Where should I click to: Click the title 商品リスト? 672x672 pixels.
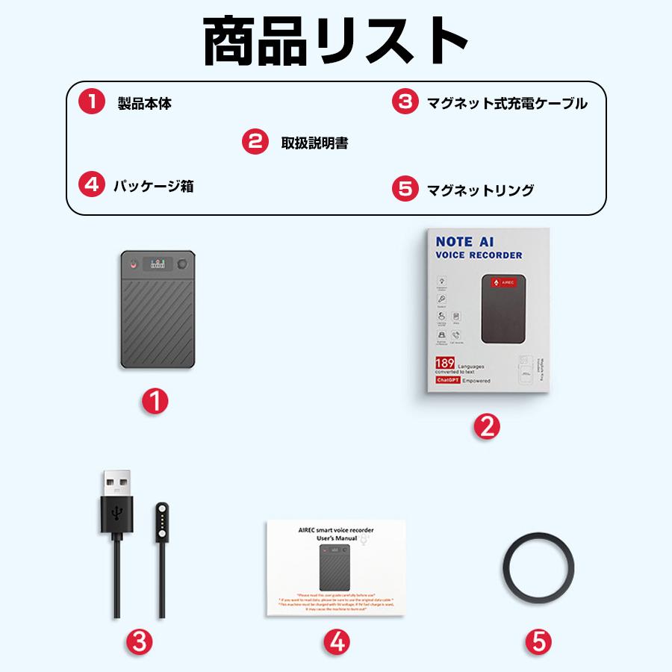coord(336,41)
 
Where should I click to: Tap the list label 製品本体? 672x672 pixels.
coord(144,104)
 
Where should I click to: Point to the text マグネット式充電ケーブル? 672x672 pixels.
coord(507,104)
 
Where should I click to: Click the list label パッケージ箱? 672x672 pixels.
coord(153,186)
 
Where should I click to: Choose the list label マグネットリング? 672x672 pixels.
coord(480,190)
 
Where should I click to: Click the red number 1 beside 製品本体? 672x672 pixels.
coord(91,102)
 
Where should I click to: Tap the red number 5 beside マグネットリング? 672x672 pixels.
coord(404,190)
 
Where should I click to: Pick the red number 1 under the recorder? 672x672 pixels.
coord(155,402)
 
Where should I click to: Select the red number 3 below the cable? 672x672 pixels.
coord(140,640)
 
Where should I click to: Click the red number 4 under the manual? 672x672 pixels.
coord(337,640)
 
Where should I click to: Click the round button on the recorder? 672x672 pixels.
coord(182,264)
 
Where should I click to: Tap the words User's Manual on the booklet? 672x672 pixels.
coord(334,538)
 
